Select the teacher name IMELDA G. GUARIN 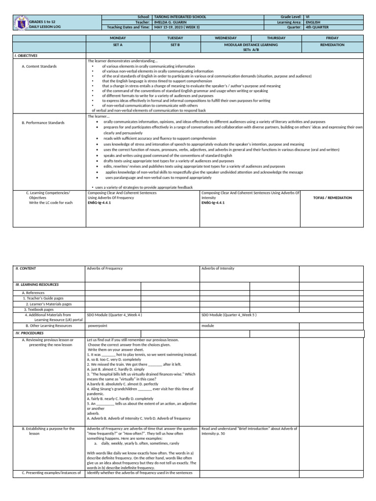171,23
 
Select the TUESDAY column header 175,38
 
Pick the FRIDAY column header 332,38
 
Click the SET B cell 175,45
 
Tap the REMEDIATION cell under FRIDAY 332,45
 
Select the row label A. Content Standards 39,66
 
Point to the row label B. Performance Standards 43,123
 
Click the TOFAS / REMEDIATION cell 332,198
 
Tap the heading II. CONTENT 26,269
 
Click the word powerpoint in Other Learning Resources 97,325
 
